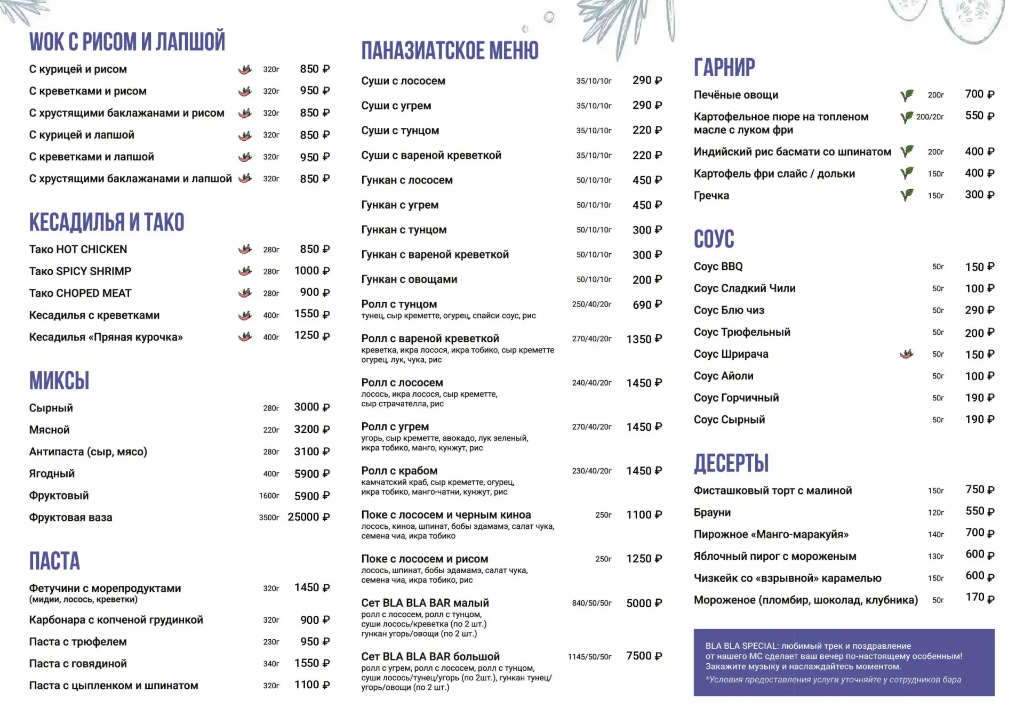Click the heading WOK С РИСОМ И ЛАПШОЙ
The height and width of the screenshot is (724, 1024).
click(x=127, y=42)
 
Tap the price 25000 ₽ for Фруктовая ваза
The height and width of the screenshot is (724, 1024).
click(x=308, y=517)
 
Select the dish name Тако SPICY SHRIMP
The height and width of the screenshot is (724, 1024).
click(x=80, y=271)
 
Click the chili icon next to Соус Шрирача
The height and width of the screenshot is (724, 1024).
click(x=906, y=354)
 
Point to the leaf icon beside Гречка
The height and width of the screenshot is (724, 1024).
click(x=907, y=195)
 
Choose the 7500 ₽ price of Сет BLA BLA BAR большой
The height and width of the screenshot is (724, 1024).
click(x=644, y=656)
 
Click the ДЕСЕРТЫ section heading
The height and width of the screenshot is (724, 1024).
click(x=731, y=463)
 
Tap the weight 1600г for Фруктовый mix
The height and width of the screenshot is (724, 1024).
click(x=269, y=496)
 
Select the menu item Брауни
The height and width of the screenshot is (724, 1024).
click(x=712, y=512)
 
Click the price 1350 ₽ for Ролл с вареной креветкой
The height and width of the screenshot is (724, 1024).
click(x=644, y=339)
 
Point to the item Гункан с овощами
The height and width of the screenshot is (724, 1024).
click(x=409, y=279)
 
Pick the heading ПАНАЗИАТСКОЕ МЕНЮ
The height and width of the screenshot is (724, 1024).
click(x=450, y=51)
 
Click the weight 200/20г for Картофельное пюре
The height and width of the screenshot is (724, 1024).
click(x=930, y=117)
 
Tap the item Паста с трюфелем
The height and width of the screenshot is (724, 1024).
click(x=78, y=642)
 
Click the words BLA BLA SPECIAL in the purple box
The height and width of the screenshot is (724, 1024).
click(x=741, y=646)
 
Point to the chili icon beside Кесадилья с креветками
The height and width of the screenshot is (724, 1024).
click(x=245, y=316)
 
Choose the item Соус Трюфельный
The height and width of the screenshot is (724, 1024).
click(x=742, y=332)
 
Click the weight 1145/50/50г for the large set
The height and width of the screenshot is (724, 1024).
click(x=589, y=657)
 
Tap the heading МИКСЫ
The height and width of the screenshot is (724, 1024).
click(x=59, y=381)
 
